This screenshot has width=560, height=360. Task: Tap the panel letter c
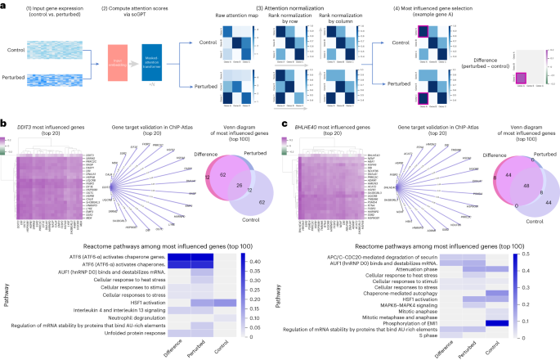tap(284, 125)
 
